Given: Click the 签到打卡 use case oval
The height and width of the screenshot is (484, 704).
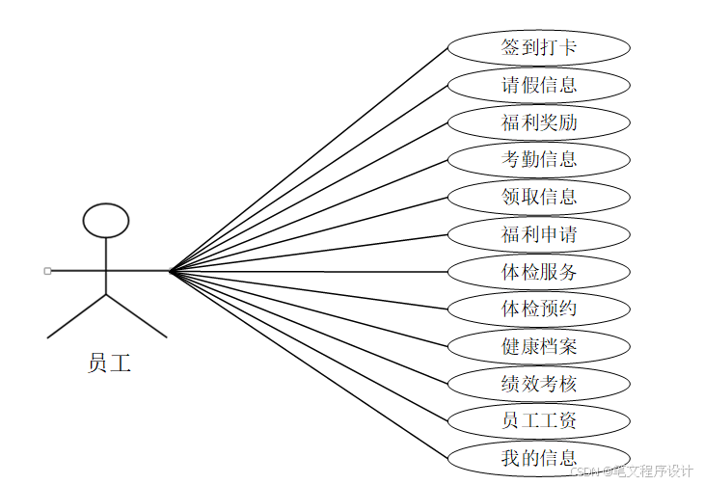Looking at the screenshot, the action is [539, 47].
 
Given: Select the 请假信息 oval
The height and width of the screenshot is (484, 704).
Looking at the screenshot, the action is [539, 85].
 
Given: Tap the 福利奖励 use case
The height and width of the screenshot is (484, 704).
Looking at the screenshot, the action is [539, 122].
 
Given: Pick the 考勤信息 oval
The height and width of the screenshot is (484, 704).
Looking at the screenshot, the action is [539, 159].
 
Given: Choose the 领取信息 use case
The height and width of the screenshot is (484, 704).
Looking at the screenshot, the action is [539, 197].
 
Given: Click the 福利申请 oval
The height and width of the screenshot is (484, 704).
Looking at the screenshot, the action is [539, 234].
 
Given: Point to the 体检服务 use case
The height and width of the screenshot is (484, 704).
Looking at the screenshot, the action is [539, 272].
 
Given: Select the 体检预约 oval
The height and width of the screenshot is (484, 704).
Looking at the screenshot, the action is [539, 309].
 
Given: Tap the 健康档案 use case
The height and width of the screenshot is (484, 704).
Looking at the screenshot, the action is [539, 346].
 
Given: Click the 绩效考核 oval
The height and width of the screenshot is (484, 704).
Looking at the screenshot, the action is [539, 384].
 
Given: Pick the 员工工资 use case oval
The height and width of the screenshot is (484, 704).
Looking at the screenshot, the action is [539, 420].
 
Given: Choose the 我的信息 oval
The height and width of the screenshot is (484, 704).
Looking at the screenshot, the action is [539, 458].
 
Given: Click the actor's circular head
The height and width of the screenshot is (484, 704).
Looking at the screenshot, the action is [106, 221].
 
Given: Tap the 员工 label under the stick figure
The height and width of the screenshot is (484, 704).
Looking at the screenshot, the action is [109, 363].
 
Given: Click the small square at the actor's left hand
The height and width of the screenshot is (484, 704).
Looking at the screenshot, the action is [47, 271].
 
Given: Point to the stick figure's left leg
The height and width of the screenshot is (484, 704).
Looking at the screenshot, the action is [77, 315].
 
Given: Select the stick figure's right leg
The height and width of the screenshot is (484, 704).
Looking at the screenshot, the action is [136, 315].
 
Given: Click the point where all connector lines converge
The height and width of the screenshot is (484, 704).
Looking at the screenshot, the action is [170, 271].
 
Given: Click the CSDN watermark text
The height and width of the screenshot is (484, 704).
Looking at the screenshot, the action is [631, 471].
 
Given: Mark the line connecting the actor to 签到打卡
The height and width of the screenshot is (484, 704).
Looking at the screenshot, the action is [309, 159].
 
